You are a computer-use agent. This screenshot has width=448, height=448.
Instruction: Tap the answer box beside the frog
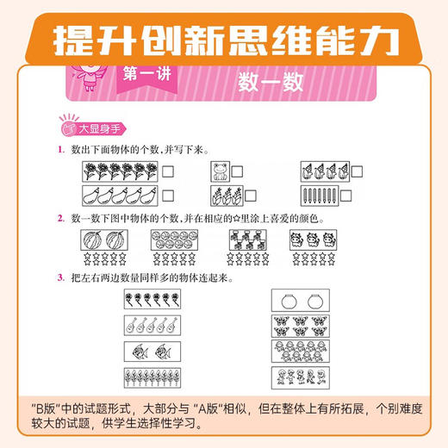click(237, 171)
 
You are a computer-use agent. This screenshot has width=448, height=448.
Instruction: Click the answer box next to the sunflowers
click(168, 171)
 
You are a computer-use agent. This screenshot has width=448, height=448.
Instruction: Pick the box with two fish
click(151, 351)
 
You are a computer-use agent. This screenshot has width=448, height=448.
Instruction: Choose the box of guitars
click(151, 326)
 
